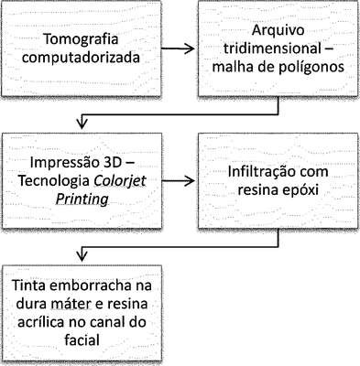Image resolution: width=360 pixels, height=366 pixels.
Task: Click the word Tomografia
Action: (x=81, y=39)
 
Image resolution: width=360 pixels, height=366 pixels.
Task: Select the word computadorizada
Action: (x=81, y=58)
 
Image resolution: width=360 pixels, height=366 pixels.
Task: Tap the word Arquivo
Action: (x=278, y=30)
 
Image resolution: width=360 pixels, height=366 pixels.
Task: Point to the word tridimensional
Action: (x=272, y=48)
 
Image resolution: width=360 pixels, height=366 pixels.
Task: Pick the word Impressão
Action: (x=60, y=163)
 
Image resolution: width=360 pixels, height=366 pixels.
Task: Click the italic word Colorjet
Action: (x=120, y=181)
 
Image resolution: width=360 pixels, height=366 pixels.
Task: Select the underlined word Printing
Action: (x=82, y=199)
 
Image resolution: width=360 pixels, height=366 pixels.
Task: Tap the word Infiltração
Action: (x=260, y=172)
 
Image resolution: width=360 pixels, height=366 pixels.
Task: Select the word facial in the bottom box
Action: (x=82, y=339)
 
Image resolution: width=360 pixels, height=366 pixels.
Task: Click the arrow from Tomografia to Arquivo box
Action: (x=178, y=48)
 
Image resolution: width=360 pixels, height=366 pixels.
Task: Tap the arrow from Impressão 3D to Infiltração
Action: (x=178, y=181)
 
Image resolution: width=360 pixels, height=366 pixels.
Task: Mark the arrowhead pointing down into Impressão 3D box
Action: (x=82, y=124)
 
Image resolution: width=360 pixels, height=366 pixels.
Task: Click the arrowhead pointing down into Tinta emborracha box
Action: (x=82, y=256)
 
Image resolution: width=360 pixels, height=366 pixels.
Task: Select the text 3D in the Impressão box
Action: (x=108, y=163)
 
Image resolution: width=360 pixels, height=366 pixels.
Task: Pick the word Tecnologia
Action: (x=54, y=181)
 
